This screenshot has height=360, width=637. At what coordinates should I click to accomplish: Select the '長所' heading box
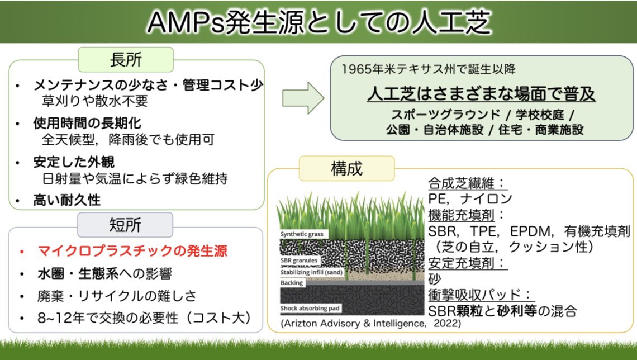coord(126,59)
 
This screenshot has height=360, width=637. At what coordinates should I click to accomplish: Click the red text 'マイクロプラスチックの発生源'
coord(132,251)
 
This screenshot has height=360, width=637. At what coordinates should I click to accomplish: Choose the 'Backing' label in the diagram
coord(292,283)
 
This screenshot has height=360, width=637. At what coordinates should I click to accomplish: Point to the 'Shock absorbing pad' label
coord(310,308)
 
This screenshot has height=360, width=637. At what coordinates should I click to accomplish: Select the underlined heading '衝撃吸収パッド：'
coord(479,295)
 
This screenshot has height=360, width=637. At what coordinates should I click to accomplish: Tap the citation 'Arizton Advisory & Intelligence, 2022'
coord(371,323)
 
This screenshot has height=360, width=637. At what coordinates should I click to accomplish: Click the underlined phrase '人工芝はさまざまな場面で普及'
coord(481,93)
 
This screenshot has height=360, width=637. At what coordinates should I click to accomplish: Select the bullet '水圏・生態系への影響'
coord(104,274)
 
